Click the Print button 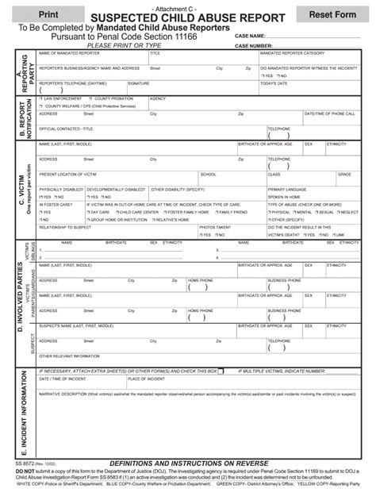click(x=48, y=14)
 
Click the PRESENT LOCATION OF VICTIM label click(x=67, y=174)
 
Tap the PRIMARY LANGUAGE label click(x=286, y=190)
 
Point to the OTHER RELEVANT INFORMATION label click(x=70, y=356)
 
